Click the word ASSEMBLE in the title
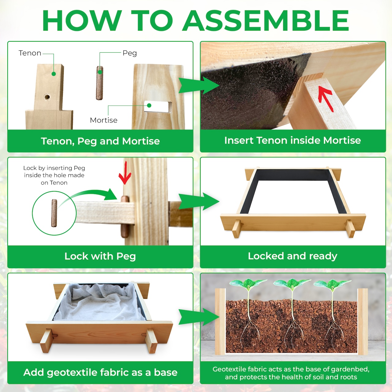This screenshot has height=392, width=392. [266, 21]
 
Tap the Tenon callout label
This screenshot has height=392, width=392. [30, 53]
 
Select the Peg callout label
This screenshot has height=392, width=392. [130, 53]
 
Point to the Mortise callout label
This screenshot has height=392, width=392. [104, 120]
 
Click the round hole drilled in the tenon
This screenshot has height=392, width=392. [47, 97]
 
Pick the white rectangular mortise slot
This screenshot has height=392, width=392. [157, 106]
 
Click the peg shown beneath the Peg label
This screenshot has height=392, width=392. [99, 83]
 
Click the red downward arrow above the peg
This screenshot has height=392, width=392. [125, 173]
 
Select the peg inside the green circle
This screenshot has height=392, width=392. [54, 213]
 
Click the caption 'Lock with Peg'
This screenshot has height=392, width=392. [100, 256]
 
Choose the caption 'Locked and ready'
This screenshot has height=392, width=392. [292, 256]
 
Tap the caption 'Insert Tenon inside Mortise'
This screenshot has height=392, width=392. [292, 140]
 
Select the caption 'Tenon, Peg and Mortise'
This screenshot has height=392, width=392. [100, 141]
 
